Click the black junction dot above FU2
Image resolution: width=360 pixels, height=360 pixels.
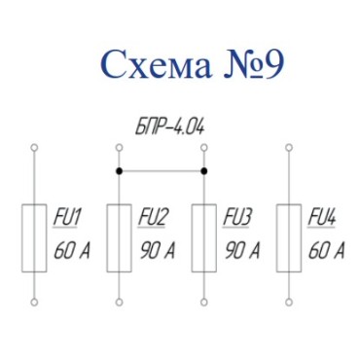point(119,170)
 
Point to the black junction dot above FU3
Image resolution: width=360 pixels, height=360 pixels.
point(203,170)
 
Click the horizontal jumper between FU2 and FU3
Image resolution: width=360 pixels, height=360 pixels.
point(161,170)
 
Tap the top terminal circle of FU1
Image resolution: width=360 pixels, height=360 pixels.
point(35,148)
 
